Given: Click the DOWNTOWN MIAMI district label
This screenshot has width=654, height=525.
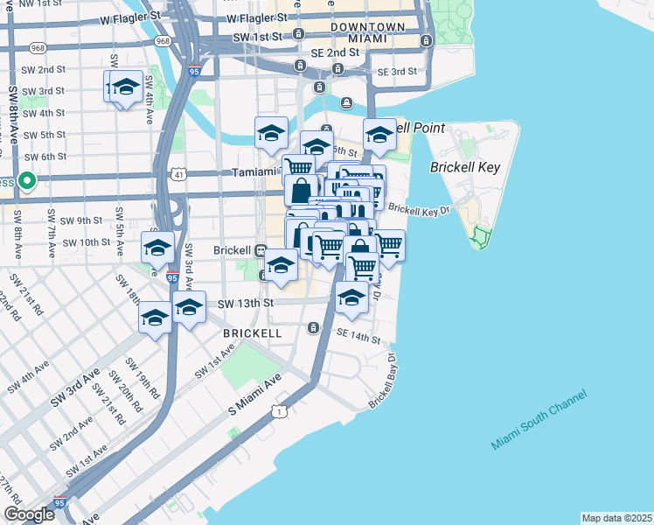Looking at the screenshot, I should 367,34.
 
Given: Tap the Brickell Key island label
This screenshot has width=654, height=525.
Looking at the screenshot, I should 464,165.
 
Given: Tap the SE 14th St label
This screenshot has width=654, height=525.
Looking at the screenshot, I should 358,337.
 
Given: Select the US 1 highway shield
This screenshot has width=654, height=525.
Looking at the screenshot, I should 279,411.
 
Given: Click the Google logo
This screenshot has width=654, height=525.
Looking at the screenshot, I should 29,514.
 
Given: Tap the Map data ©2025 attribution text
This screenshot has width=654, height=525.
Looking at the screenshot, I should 616,518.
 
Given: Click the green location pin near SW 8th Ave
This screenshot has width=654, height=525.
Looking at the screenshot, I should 27,181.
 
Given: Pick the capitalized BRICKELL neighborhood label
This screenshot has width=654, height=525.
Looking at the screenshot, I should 252,333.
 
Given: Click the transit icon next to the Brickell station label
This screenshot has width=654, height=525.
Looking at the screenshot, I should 261,249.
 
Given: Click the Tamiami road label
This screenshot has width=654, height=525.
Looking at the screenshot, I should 256,172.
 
